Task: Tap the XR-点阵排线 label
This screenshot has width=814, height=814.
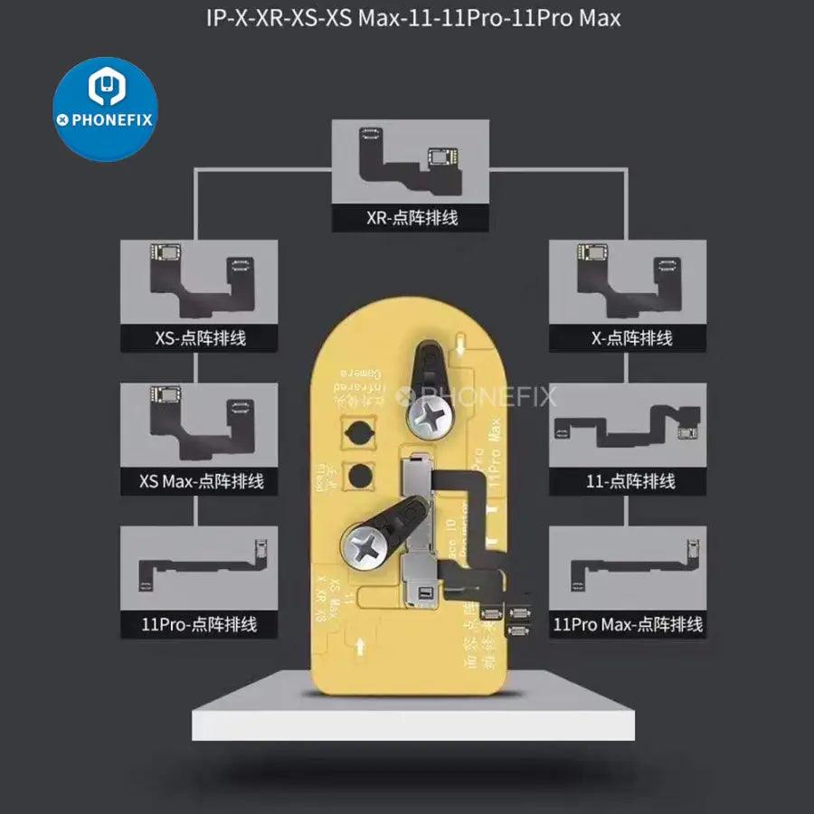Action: (x=412, y=217)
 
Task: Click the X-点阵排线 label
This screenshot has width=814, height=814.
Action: (x=630, y=338)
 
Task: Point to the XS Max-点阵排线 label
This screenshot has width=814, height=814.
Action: (x=202, y=480)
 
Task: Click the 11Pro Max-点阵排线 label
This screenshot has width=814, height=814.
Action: (x=628, y=624)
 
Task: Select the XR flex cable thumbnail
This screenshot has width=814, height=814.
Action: (x=412, y=163)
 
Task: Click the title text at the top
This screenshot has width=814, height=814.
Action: (x=407, y=17)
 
